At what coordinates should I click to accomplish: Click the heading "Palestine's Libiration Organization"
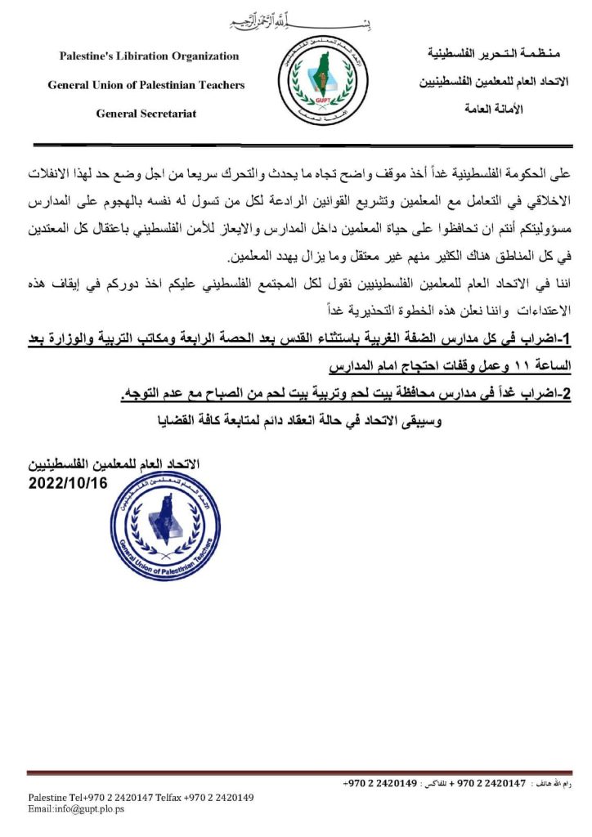click(x=150, y=56)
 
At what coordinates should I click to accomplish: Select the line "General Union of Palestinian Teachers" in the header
click(x=146, y=85)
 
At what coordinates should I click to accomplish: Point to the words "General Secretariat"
click(x=146, y=114)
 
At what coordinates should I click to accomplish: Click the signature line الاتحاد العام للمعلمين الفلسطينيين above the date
click(x=114, y=464)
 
